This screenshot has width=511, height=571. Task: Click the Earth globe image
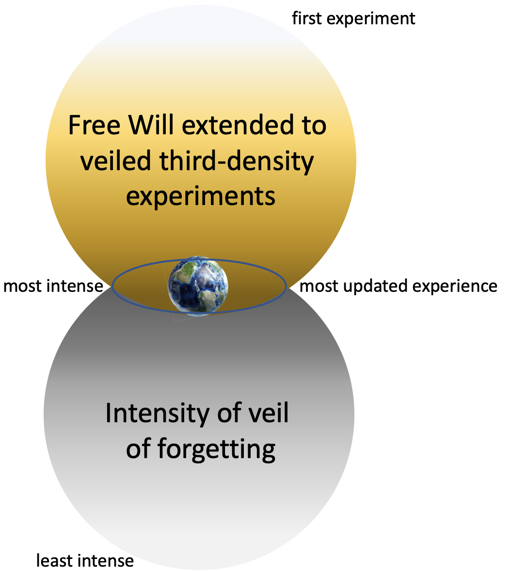[198, 286]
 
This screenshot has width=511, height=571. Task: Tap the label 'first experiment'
[353, 18]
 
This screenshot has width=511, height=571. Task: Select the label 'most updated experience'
[399, 286]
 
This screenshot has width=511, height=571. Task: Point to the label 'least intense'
[85, 561]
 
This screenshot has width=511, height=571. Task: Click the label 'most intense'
[53, 286]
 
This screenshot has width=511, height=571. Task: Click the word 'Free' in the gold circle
[94, 126]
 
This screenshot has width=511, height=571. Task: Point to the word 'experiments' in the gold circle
[201, 197]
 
